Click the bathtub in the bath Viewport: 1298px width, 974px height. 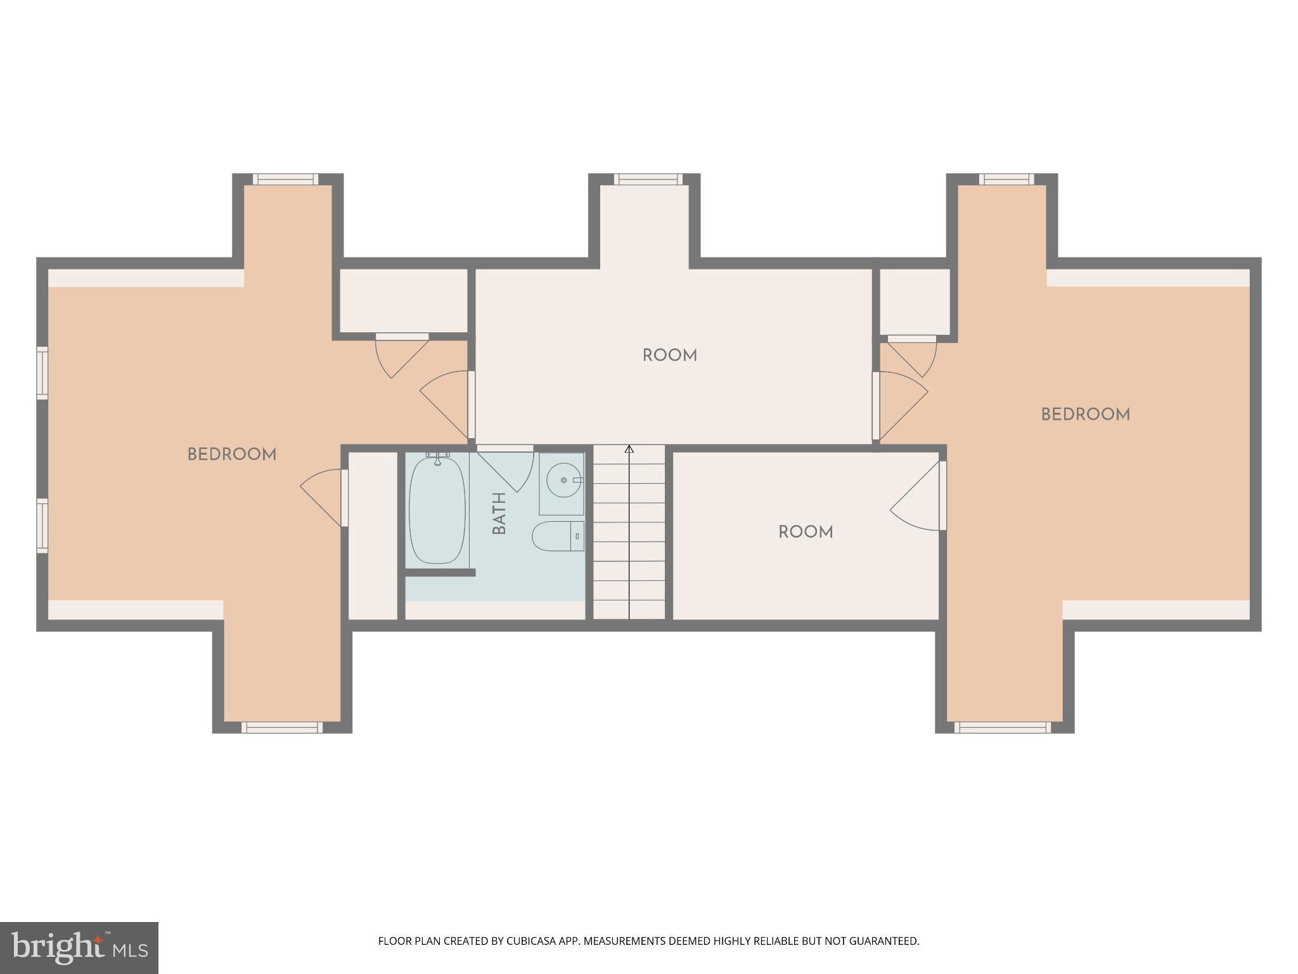[x=437, y=510]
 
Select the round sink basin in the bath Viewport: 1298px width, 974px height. [x=563, y=480]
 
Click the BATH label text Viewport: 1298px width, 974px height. [x=499, y=513]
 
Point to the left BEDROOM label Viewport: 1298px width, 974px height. [x=232, y=455]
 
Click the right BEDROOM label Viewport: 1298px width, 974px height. [x=1085, y=415]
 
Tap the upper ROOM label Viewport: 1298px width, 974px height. [x=670, y=356]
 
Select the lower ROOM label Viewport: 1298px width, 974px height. [x=806, y=532]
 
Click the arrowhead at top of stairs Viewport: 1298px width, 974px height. [x=629, y=450]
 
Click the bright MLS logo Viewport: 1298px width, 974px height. [x=79, y=947]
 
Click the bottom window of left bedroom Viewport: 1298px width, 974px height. [x=282, y=727]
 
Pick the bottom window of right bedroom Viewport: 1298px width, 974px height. [x=1002, y=727]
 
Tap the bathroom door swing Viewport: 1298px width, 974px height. [x=507, y=470]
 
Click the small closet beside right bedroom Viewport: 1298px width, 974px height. [x=915, y=301]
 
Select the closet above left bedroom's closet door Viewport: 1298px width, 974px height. [x=403, y=300]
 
